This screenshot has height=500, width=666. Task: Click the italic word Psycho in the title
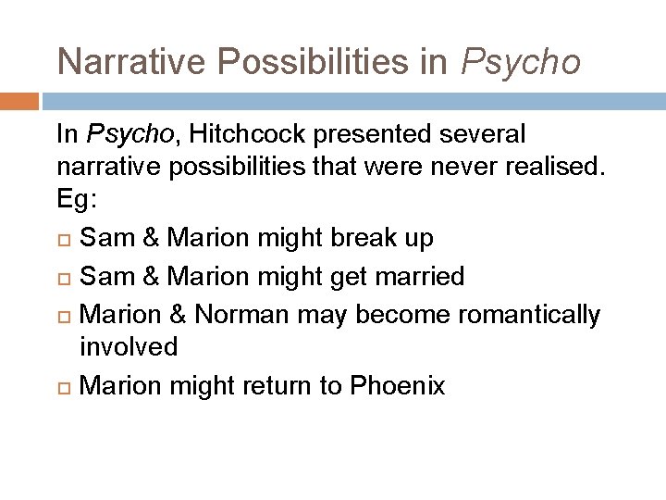point(521,62)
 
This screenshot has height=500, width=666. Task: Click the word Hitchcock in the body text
point(250,135)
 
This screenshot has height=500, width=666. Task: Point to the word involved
point(129,347)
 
